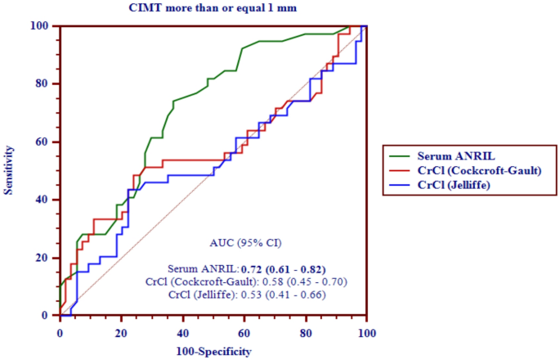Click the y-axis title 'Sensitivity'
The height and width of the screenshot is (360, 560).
click(11, 170)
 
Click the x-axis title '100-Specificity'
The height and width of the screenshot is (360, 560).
click(213, 351)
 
